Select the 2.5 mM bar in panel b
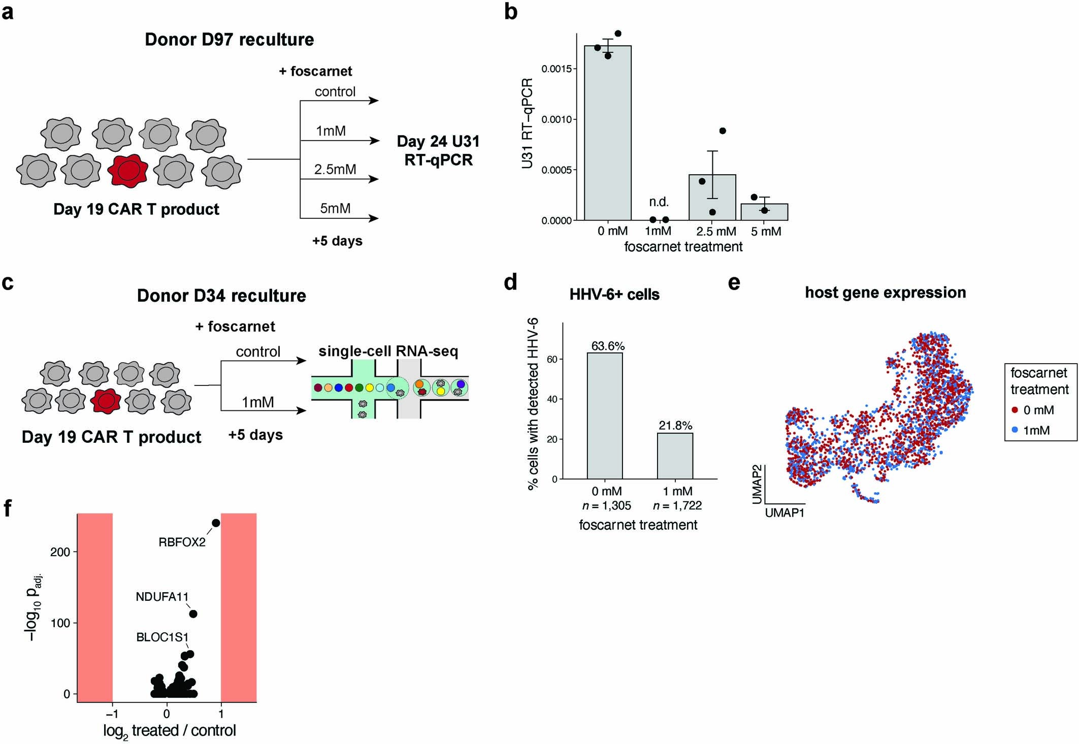click(712, 198)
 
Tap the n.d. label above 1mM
click(659, 202)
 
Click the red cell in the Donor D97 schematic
click(127, 171)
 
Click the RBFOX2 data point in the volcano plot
click(216, 523)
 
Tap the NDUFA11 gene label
click(162, 597)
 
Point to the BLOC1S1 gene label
click(162, 637)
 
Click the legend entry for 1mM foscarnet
click(1036, 430)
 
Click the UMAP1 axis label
click(784, 513)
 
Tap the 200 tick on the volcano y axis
click(60, 552)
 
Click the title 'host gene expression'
click(885, 293)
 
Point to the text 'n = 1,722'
click(677, 506)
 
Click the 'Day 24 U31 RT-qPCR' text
click(438, 150)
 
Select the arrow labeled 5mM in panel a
click(339, 218)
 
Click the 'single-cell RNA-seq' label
click(388, 351)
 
